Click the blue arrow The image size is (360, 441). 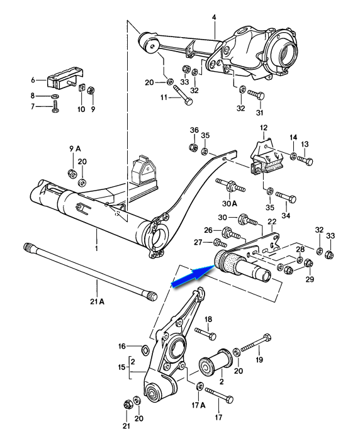[193, 276]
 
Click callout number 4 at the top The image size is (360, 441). [214, 18]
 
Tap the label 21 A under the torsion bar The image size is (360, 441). [97, 302]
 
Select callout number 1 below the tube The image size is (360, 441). [96, 248]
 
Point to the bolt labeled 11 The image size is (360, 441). [183, 96]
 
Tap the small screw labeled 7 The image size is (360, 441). [55, 107]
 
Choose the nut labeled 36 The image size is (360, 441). [193, 147]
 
